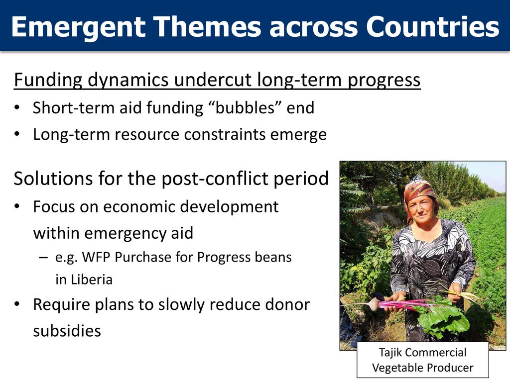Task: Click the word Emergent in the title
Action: [x=78, y=27]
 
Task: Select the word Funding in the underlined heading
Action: [x=48, y=80]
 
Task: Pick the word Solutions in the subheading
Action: [x=53, y=179]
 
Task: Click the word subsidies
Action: [x=67, y=331]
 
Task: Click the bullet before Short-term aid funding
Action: [x=17, y=107]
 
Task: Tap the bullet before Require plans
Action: [x=17, y=304]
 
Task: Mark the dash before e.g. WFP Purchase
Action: [x=43, y=258]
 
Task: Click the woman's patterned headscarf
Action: [x=420, y=192]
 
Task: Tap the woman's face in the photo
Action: [x=421, y=209]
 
